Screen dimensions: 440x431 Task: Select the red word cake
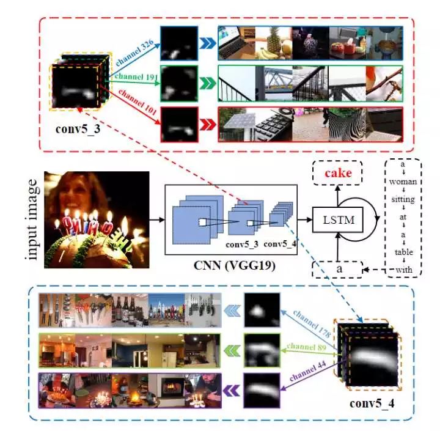tap(338, 174)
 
